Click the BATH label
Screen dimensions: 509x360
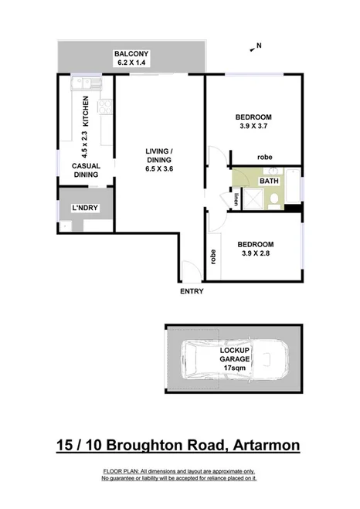click(269, 182)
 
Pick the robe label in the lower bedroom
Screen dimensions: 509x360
click(212, 256)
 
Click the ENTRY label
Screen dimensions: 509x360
click(191, 291)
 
